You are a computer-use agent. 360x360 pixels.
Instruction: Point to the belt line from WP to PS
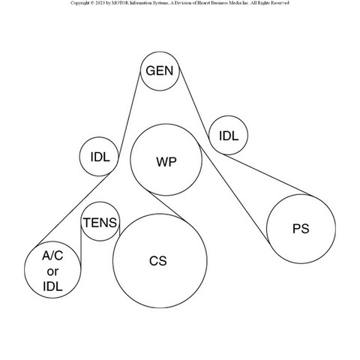click(x=233, y=192)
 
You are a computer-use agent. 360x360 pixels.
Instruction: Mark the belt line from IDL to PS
click(x=267, y=175)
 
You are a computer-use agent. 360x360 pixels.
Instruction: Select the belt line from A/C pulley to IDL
click(x=73, y=209)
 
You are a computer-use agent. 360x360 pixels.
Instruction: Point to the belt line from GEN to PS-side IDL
click(x=194, y=103)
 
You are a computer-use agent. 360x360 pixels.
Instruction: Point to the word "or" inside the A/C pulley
click(x=52, y=271)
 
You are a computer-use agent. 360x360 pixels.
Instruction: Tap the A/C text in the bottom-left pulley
click(x=52, y=256)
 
